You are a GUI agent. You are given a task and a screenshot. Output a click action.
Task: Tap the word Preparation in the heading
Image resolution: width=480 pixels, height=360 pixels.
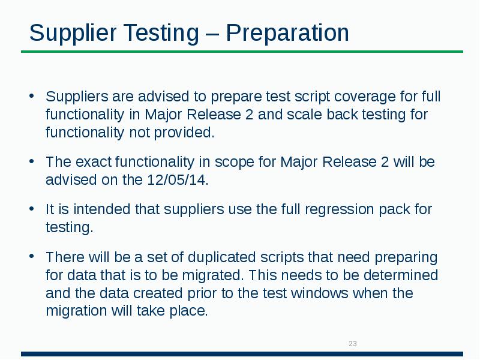pos(287,33)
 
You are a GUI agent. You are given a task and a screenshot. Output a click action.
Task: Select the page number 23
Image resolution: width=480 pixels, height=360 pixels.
pos(353,344)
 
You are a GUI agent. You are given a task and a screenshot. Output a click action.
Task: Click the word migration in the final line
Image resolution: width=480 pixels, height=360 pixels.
pos(74,312)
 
